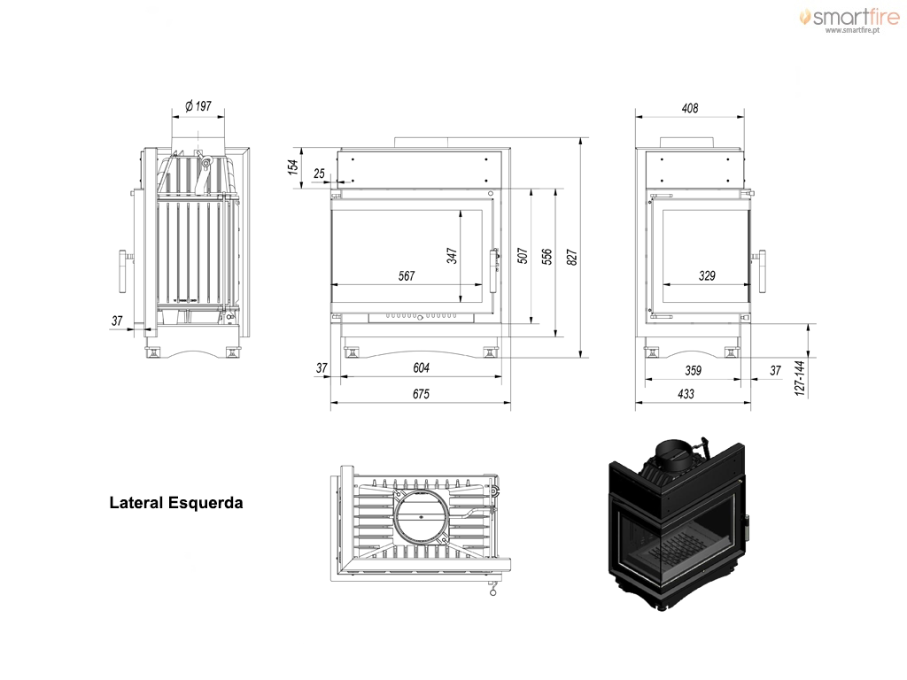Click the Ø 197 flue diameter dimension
[198, 106]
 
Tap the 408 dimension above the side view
[690, 108]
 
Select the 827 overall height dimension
[572, 258]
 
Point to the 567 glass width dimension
[407, 276]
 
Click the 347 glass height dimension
[452, 256]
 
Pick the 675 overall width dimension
[421, 394]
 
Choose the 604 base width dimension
[421, 367]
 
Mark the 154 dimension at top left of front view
[293, 166]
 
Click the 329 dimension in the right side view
[707, 276]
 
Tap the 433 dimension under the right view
[686, 394]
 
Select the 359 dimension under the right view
[693, 370]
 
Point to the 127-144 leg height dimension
[800, 378]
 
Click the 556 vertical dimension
[547, 257]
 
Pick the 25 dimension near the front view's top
[319, 174]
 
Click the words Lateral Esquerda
[176, 503]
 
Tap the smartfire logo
[849, 19]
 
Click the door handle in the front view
[494, 271]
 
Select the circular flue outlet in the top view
[421, 515]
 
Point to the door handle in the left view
[123, 271]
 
